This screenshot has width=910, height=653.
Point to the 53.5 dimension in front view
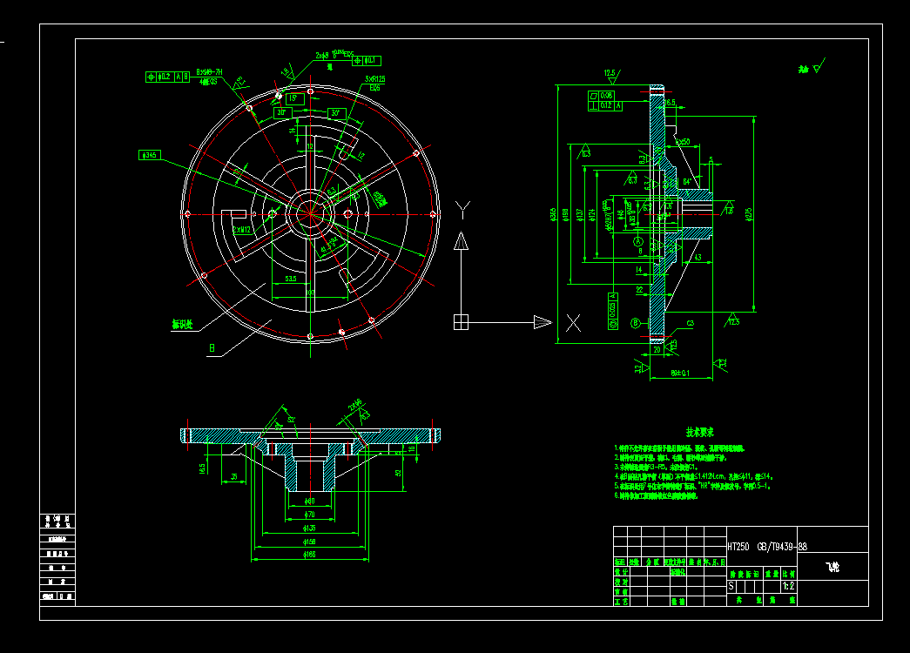pos(291,279)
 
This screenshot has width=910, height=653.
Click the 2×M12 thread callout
pos(241,230)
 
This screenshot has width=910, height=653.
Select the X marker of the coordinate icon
pos(573,323)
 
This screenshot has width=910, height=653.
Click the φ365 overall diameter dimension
pos(555,215)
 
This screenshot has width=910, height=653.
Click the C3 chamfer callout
pos(691,323)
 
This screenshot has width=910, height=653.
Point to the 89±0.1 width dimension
pos(681,372)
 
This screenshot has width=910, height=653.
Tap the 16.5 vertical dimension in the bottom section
pos(203,468)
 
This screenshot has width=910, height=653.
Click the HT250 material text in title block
pos(738,547)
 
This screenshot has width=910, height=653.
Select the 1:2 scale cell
pos(788,587)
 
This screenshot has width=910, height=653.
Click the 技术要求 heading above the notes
pos(699,432)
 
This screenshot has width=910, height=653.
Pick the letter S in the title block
pos(731,587)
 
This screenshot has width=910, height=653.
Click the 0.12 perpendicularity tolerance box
pos(607,105)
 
